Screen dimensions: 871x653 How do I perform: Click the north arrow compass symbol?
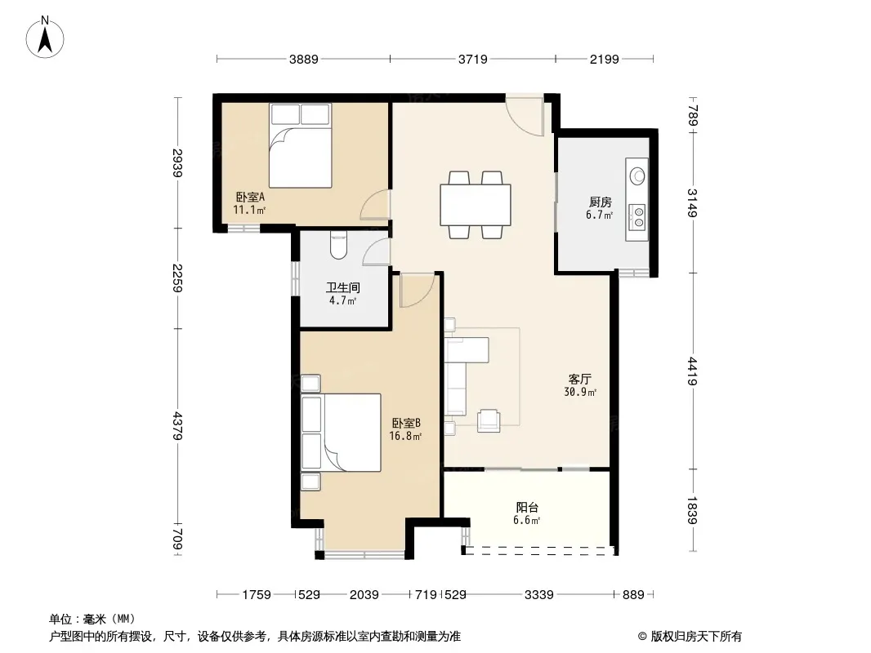click(x=45, y=38)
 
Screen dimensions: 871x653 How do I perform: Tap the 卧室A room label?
click(x=250, y=197)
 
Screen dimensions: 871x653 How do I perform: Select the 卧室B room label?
click(x=405, y=423)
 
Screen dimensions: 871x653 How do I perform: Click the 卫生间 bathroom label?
click(x=342, y=287)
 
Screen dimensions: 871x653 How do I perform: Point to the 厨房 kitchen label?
click(x=600, y=202)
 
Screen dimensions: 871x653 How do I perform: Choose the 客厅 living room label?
click(x=579, y=379)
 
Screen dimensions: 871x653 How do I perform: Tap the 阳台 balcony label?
click(x=526, y=507)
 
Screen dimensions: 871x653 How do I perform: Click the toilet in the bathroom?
click(x=338, y=245)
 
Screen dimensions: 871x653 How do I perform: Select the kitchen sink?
click(x=637, y=175)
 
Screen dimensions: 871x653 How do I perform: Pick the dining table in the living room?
click(x=476, y=205)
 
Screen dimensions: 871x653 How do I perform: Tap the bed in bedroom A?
click(x=301, y=145)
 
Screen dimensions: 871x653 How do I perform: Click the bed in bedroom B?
click(x=341, y=433)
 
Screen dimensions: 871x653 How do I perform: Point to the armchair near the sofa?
click(x=489, y=420)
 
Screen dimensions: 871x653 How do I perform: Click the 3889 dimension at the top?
click(x=303, y=59)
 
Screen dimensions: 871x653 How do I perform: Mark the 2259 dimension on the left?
click(x=177, y=278)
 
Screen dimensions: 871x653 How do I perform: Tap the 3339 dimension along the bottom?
click(x=538, y=595)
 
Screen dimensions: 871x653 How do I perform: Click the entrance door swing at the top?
click(x=525, y=116)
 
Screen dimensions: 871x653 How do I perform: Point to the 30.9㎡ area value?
click(x=580, y=393)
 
